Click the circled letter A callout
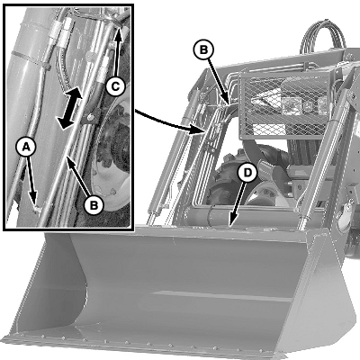[26, 148]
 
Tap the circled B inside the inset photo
[94, 205]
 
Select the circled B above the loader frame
[203, 49]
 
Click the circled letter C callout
[115, 86]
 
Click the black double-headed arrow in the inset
[70, 108]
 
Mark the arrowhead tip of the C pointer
[118, 28]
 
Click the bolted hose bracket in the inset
[90, 118]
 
